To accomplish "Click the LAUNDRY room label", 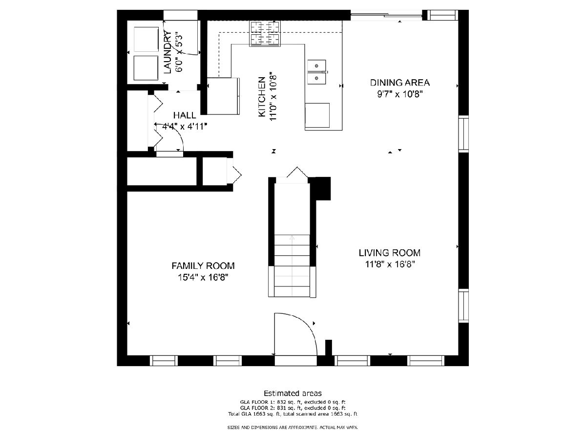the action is (167, 52).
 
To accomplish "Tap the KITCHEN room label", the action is (262, 97).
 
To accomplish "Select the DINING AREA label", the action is (399, 83).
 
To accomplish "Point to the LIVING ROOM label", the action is (390, 252).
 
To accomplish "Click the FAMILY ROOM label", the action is (203, 265).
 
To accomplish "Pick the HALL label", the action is (185, 115).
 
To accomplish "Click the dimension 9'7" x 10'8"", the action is (400, 94).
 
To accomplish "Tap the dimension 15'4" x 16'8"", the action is (203, 277).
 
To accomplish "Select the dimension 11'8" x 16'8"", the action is (390, 264).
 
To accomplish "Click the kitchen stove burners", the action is (265, 33).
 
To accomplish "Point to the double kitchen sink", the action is (316, 72).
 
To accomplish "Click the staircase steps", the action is (292, 266).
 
